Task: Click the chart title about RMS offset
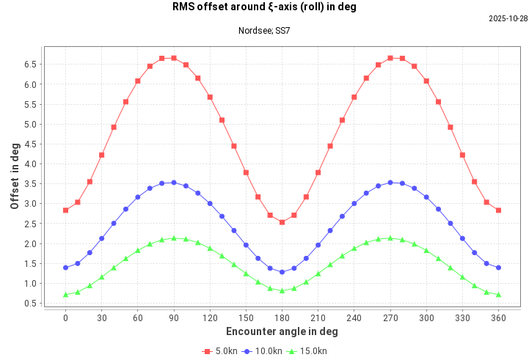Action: [264, 8]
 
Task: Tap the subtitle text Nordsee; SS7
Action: [264, 31]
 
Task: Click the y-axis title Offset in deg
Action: [15, 176]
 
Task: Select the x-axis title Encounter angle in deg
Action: [282, 331]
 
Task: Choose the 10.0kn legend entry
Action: [263, 351]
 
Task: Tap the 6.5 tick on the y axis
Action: [30, 65]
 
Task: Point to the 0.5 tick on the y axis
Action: [30, 304]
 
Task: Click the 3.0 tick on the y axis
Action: [30, 204]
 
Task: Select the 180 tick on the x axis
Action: [282, 317]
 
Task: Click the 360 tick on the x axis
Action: [498, 317]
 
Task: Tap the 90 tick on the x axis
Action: [173, 317]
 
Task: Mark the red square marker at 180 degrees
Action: [282, 222]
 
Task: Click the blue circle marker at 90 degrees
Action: [173, 183]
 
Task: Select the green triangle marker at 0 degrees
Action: [65, 295]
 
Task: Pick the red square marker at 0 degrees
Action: [65, 210]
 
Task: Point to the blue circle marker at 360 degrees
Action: [498, 268]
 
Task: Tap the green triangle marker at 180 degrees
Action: [282, 291]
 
